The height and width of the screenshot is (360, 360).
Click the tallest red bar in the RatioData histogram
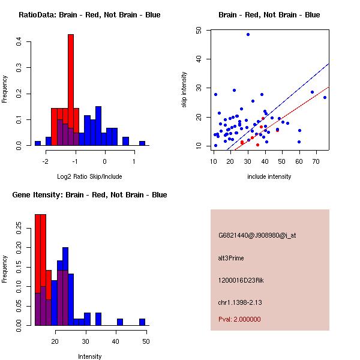tap(71, 90)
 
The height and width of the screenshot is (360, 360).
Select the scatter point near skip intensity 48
tap(248, 34)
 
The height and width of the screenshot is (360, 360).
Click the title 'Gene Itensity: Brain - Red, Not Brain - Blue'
tap(89, 195)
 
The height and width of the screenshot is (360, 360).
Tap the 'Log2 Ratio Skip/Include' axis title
tap(89, 176)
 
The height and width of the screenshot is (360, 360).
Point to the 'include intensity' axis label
tap(269, 176)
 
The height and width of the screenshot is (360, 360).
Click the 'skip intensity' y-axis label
tap(184, 90)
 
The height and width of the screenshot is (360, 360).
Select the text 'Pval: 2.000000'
tap(239, 319)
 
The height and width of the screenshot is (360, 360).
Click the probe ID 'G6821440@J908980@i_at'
tap(257, 235)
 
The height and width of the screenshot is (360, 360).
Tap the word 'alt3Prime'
tap(231, 258)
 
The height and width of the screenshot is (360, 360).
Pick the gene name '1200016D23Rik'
tap(241, 280)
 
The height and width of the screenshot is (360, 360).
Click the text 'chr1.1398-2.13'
tap(240, 302)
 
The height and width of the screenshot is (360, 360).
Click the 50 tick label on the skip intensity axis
tap(199, 30)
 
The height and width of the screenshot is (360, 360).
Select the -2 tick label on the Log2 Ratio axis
tap(46, 161)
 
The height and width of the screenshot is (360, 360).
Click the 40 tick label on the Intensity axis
tap(116, 341)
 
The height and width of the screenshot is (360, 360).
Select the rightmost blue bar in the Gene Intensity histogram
tap(142, 322)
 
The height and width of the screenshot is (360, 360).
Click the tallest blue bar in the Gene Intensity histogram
tap(65, 286)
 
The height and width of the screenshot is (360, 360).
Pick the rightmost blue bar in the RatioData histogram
tap(142, 143)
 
